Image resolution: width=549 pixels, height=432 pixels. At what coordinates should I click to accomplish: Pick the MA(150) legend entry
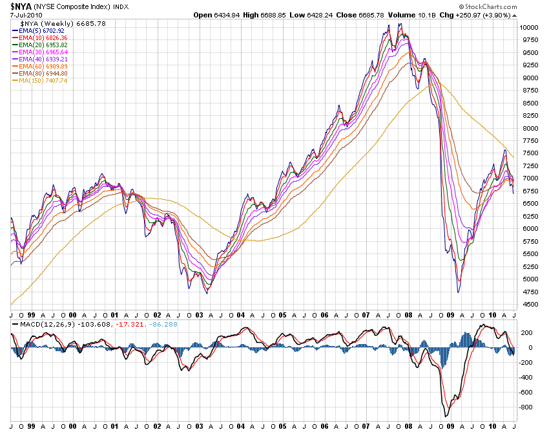click(37, 80)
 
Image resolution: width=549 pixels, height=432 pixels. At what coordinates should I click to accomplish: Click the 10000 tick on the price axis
click(530, 28)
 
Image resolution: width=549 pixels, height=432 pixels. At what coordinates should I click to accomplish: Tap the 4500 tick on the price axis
click(528, 305)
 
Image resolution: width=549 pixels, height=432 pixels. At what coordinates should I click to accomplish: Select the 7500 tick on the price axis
click(528, 153)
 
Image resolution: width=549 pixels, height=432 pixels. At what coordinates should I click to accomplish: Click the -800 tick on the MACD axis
click(527, 407)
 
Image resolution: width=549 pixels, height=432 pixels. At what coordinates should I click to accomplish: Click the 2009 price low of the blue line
click(458, 292)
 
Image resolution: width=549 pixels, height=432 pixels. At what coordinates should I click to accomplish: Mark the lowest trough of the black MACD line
click(445, 416)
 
